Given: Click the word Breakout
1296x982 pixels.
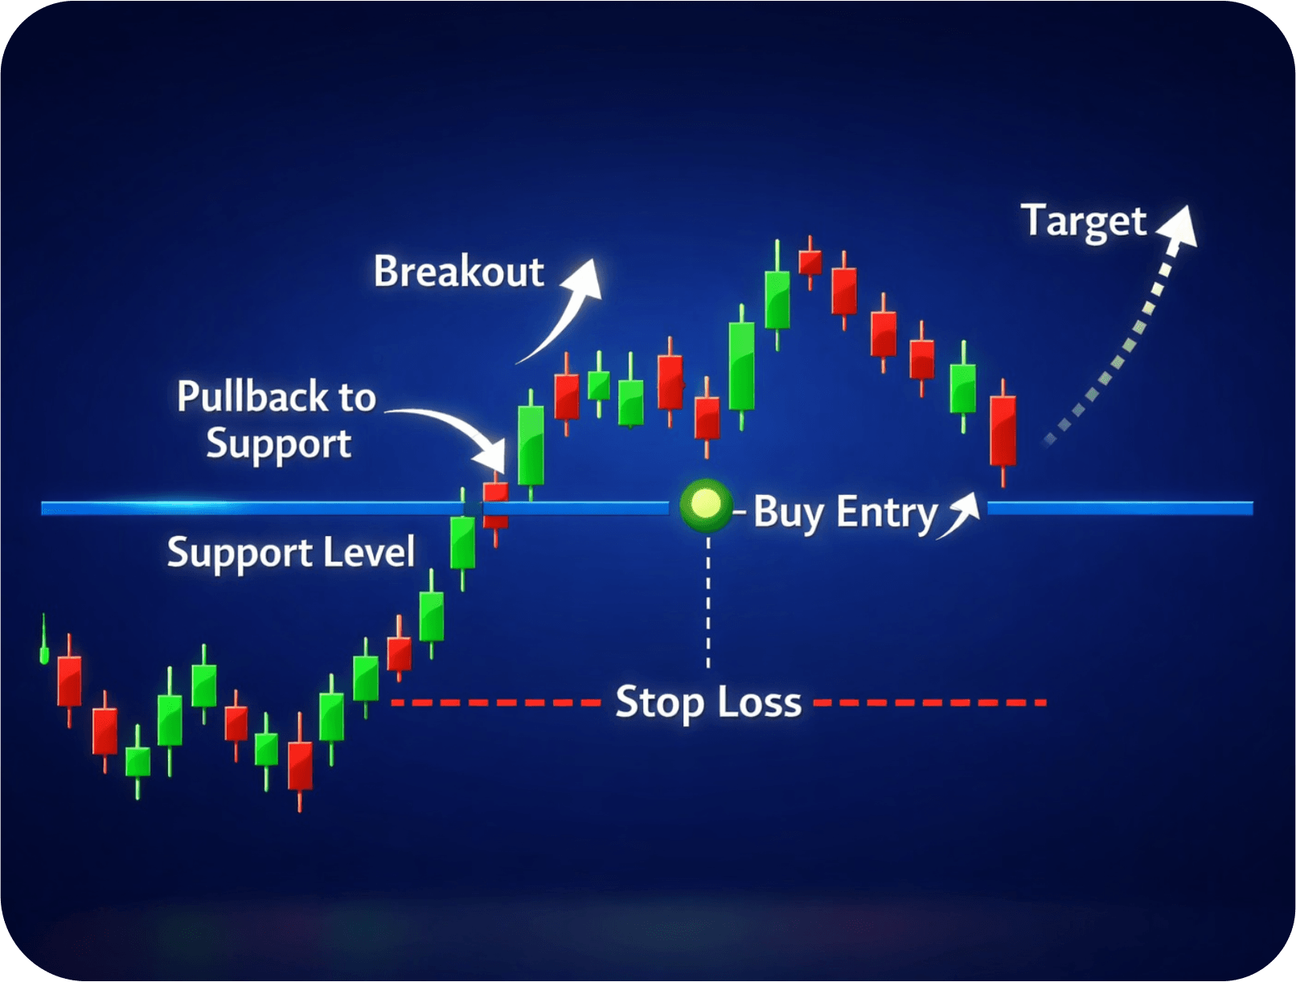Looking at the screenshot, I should point(458,272).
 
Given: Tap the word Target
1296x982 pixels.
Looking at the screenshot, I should point(1083,221).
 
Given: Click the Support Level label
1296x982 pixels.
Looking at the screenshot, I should point(290,553).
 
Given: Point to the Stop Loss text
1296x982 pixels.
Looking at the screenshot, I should point(707,702).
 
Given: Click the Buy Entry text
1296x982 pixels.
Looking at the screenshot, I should point(845,513).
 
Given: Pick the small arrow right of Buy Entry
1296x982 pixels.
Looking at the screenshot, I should point(961,514).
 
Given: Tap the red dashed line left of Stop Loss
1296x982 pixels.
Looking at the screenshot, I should point(494,702).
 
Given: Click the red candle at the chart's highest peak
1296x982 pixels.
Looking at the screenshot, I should point(810,262).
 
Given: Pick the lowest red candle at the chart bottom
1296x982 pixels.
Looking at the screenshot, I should point(300,765).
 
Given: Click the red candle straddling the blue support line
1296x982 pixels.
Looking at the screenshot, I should point(495,505).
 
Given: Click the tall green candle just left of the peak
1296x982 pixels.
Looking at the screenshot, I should point(777,299).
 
